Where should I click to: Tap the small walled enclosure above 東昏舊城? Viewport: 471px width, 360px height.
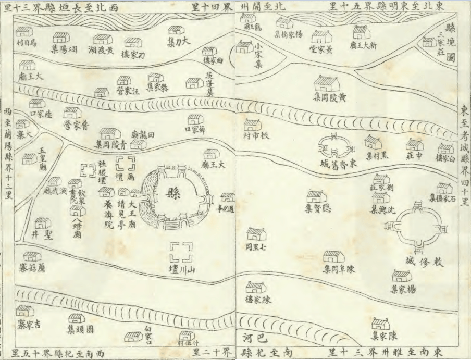332,145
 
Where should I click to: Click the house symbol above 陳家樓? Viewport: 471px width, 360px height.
256,287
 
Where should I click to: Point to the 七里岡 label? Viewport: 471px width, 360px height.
256,247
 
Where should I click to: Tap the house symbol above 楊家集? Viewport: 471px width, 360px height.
402,276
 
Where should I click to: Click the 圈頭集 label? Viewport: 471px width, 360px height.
82,329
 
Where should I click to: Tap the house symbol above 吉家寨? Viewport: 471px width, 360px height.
24,311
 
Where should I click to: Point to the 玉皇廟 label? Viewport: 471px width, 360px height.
43,159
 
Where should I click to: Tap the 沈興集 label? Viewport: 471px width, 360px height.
382,210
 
